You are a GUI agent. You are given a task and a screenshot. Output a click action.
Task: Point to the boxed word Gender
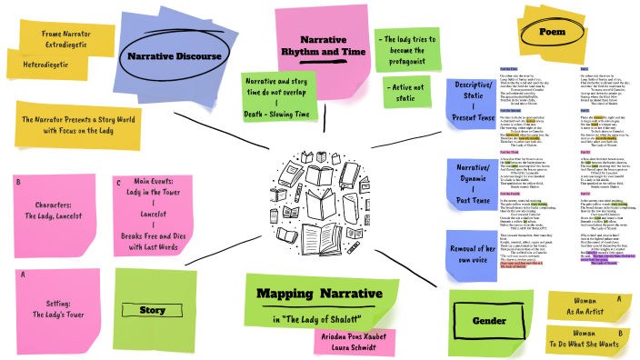(489, 321)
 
